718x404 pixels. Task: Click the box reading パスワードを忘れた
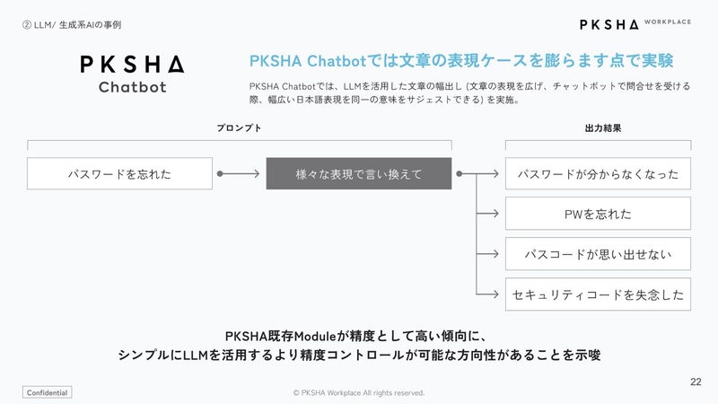pyautogui.click(x=119, y=173)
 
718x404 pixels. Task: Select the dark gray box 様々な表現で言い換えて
pyautogui.click(x=358, y=173)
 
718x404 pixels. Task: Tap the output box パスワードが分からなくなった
pyautogui.click(x=598, y=173)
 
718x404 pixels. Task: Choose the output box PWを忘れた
pyautogui.click(x=598, y=214)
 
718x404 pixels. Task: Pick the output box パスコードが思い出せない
pyautogui.click(x=598, y=254)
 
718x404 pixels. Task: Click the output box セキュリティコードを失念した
pyautogui.click(x=598, y=294)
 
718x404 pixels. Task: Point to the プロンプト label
pyautogui.click(x=239, y=128)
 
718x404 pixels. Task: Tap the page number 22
pyautogui.click(x=696, y=382)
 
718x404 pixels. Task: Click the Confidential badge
pyautogui.click(x=47, y=393)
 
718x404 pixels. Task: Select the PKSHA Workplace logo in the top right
pyautogui.click(x=635, y=23)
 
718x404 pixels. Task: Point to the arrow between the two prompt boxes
pyautogui.click(x=238, y=173)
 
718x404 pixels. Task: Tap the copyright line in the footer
pyautogui.click(x=359, y=393)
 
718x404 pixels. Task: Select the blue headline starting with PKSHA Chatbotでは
pyautogui.click(x=460, y=60)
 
